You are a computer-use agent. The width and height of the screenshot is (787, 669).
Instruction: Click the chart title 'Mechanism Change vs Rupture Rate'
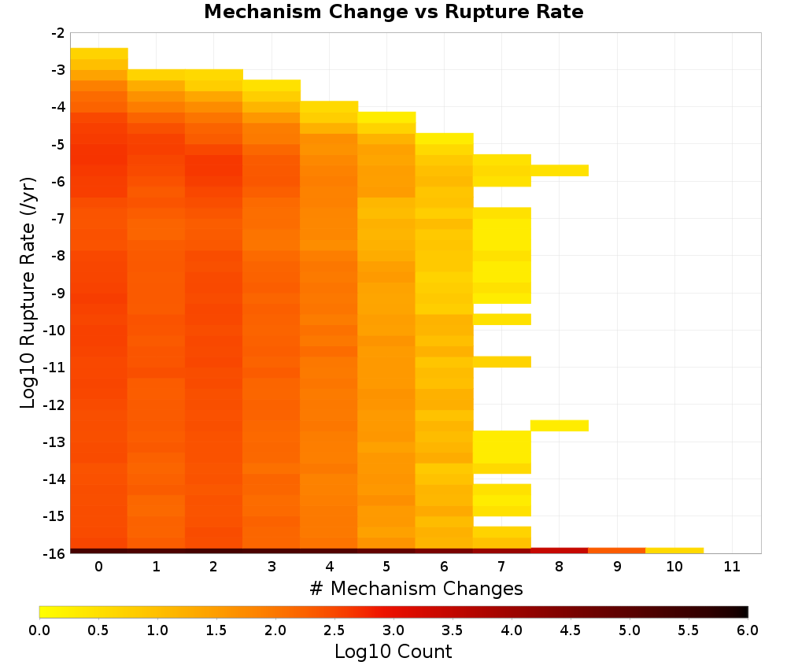[x=393, y=12]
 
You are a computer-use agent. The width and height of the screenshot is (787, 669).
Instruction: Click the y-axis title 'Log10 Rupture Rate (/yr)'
[x=28, y=293]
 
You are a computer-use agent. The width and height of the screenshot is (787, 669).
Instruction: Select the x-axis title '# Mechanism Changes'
[x=416, y=588]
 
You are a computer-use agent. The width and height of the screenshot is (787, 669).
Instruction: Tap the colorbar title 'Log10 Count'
[x=393, y=652]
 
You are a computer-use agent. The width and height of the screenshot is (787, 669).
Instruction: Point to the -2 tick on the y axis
[x=58, y=33]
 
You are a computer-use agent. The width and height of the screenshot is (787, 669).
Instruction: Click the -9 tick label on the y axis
[x=58, y=293]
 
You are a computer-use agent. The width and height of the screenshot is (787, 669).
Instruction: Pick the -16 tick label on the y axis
[x=54, y=553]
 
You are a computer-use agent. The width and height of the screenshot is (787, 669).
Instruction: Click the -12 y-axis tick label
[x=54, y=405]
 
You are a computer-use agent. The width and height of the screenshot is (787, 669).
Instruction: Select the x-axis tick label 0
[x=99, y=567]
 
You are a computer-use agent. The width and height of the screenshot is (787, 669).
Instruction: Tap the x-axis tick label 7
[x=501, y=567]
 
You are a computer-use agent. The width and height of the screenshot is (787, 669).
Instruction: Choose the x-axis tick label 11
[x=732, y=567]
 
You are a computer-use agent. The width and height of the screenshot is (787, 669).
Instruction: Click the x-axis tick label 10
[x=674, y=567]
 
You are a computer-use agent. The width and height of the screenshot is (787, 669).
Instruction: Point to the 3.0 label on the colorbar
[x=393, y=630]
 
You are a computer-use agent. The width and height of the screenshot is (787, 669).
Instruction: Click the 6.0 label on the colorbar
[x=748, y=630]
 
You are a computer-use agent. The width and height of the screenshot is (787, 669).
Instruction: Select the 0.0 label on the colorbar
[x=39, y=630]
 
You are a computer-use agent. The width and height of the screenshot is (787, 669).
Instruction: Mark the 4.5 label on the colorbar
[x=571, y=630]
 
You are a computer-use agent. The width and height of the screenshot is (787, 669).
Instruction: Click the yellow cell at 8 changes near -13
[x=560, y=426]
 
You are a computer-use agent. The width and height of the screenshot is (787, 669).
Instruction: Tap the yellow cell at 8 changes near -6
[x=560, y=171]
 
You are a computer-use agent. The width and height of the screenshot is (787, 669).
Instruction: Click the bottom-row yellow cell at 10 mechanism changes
[x=674, y=551]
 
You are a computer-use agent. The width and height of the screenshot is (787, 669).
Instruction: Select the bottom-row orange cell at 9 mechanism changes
[x=617, y=551]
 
